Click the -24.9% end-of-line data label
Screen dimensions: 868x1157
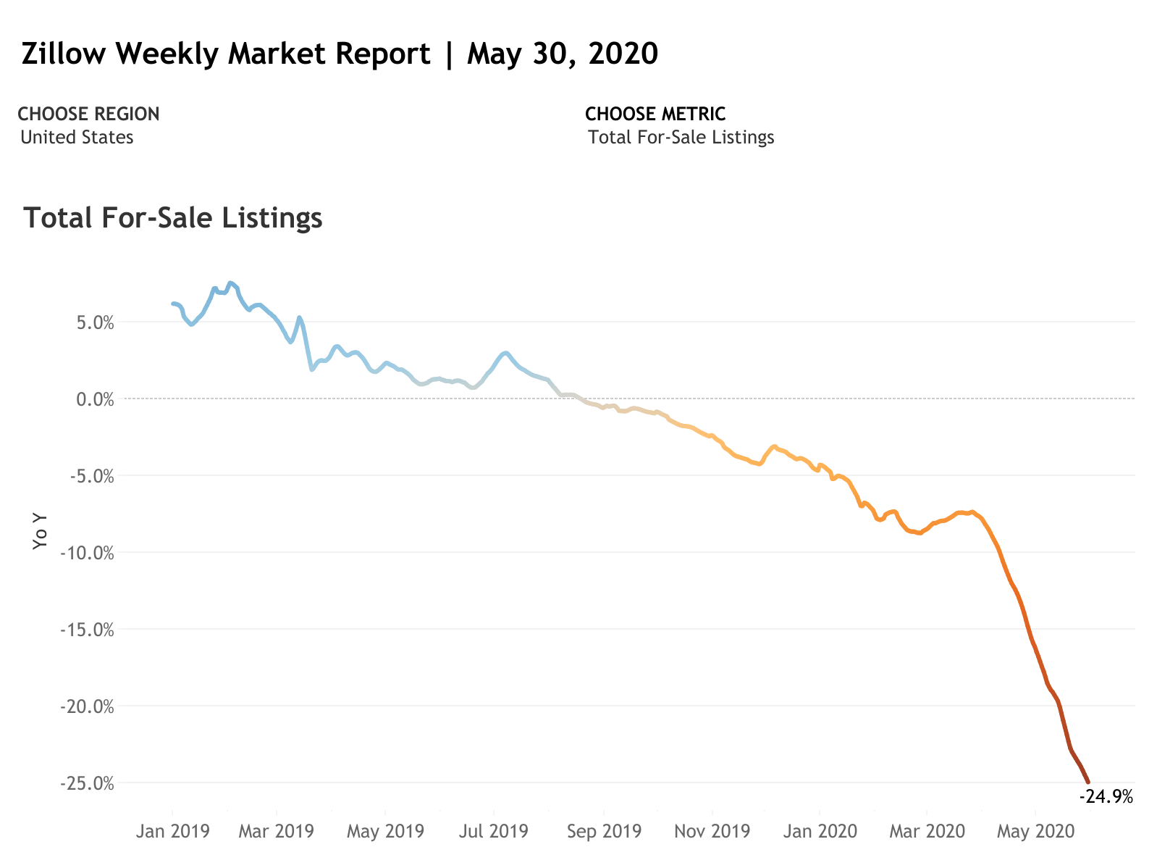[1106, 797]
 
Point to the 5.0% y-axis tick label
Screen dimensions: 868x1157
[95, 322]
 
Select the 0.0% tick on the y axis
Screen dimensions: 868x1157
[95, 399]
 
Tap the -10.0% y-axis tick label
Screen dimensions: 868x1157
[88, 553]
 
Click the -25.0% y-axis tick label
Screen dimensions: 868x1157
[88, 783]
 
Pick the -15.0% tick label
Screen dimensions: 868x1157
[88, 630]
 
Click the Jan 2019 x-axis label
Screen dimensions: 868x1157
[172, 831]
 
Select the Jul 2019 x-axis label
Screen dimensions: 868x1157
[494, 831]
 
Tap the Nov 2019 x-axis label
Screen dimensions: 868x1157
[712, 831]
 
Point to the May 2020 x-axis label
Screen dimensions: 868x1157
[1035, 831]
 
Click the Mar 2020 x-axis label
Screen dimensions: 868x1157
[927, 831]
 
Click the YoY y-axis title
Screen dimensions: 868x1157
[41, 531]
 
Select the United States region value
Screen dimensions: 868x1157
[77, 138]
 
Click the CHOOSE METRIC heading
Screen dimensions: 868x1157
[655, 114]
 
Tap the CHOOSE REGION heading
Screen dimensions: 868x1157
[88, 114]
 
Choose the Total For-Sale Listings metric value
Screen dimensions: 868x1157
[681, 138]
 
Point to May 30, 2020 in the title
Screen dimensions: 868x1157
[562, 54]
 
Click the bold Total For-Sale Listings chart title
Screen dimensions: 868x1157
[173, 218]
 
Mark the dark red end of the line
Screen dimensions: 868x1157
[1087, 781]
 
